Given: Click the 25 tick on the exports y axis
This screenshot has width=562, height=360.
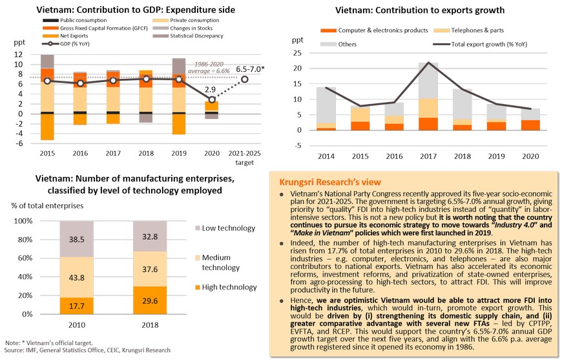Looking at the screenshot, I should click(297, 52).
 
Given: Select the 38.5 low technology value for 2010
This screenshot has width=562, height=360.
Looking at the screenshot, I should click(76, 238).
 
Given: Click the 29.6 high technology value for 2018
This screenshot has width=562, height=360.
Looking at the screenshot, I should click(149, 300).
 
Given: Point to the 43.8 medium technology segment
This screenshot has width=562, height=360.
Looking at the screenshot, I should click(76, 277).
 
